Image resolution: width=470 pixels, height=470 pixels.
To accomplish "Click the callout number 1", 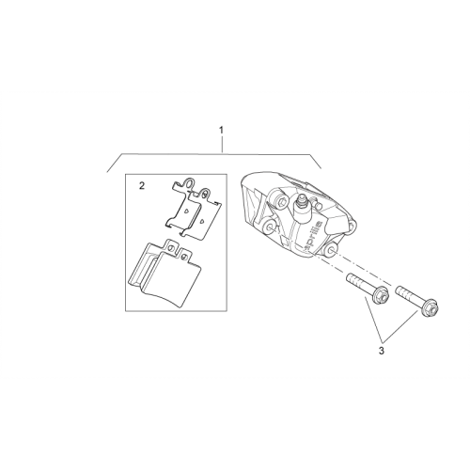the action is tap(222, 130).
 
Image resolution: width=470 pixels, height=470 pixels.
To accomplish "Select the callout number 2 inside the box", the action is tap(142, 186).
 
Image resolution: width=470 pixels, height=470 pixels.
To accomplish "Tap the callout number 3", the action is tap(381, 351).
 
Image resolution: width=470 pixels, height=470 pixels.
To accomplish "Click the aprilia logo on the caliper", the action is tap(312, 231).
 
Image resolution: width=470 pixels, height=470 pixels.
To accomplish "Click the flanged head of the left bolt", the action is tap(381, 295).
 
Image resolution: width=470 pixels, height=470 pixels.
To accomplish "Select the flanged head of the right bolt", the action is tap(431, 308).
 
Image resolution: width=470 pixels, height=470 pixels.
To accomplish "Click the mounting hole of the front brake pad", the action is tap(184, 257).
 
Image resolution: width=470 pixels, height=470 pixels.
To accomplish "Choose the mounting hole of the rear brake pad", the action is tap(170, 248).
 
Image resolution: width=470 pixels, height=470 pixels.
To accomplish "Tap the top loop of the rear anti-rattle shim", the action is tap(189, 183).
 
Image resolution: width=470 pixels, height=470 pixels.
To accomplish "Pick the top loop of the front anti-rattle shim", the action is tap(204, 194).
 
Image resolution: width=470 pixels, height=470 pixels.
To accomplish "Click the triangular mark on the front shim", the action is tap(202, 220).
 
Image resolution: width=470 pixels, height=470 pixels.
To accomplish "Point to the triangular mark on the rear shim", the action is tap(186, 211).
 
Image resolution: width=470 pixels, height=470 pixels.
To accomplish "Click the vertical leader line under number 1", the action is tap(222, 144).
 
